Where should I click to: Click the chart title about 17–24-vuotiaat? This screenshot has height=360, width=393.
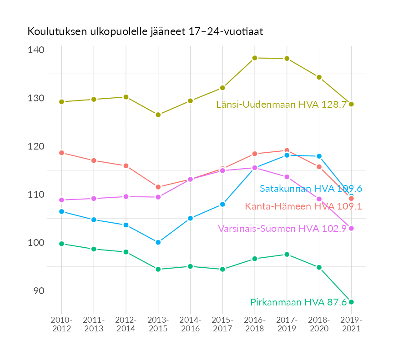[145, 32]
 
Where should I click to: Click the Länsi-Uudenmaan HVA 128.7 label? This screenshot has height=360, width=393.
[282, 105]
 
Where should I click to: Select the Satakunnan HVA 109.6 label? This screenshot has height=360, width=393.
[311, 189]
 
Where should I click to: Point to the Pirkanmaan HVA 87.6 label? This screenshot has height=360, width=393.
[298, 302]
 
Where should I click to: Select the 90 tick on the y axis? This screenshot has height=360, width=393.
[38, 291]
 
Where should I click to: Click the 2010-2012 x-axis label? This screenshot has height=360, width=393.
[61, 324]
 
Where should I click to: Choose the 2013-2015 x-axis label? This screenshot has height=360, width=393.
[158, 324]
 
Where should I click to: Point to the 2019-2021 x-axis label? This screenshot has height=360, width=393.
[351, 324]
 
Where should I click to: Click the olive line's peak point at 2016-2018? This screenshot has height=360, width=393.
[255, 58]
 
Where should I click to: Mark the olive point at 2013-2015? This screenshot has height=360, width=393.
[158, 115]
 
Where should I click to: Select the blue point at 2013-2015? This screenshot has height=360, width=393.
[158, 242]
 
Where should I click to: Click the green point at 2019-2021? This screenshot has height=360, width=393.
[351, 302]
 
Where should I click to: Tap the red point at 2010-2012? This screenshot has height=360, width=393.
[61, 153]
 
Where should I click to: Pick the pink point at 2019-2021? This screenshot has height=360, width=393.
[351, 229]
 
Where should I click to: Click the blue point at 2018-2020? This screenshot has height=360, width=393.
[319, 156]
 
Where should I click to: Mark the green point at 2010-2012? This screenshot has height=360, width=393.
[61, 244]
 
